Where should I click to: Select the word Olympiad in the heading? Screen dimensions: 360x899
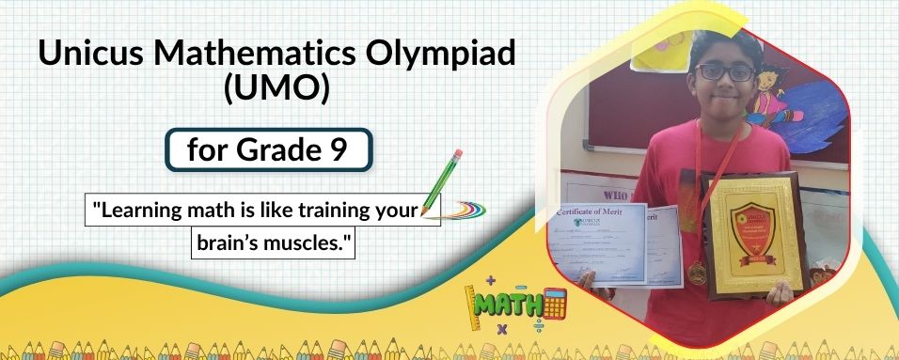click(453, 55)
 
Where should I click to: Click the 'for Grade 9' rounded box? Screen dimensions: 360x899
click(267, 150)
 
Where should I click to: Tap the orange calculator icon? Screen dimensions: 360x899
click(554, 303)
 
